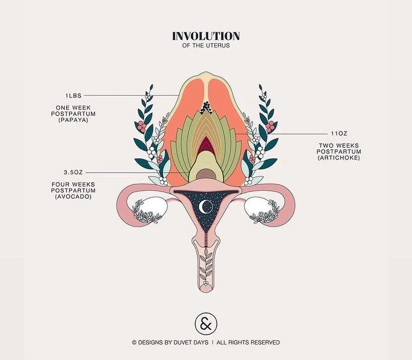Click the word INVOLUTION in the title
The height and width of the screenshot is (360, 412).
click(206, 36)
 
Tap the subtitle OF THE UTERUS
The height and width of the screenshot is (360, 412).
click(206, 46)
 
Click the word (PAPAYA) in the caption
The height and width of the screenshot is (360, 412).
click(75, 120)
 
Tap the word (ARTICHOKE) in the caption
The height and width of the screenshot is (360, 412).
click(339, 158)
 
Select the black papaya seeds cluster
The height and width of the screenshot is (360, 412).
click(206, 106)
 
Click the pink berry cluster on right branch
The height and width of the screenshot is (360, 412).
click(270, 126)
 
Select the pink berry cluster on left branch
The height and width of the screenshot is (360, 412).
click(141, 126)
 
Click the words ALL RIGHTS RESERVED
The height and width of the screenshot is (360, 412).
click(252, 343)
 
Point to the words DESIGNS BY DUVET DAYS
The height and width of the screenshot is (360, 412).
click(172, 343)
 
